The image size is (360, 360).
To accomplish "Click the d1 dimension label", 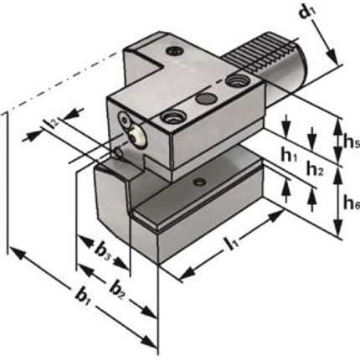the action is pos(308,13).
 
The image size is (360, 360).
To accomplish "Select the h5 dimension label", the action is pos(351,142).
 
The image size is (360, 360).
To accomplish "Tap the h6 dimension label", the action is pos(351,203).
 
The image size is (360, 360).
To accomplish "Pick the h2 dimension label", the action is pos(315,169).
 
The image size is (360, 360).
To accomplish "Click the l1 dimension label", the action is pos(231,244).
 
